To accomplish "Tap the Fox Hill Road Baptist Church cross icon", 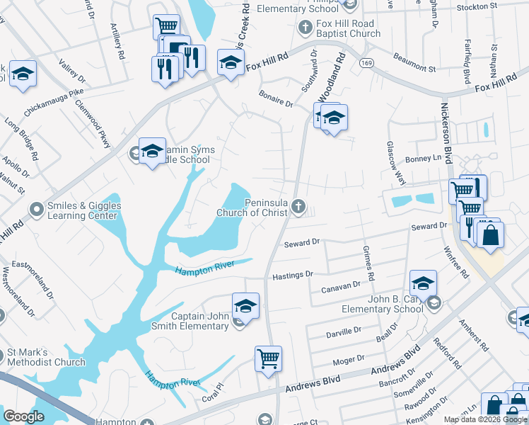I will (x=305, y=28).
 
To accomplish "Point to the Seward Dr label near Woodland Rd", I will (x=302, y=243).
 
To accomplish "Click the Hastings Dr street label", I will (x=292, y=274).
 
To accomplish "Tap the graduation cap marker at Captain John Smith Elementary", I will (x=245, y=306).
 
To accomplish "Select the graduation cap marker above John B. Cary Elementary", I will (x=422, y=284).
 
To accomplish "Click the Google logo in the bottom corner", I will (x=24, y=416).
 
